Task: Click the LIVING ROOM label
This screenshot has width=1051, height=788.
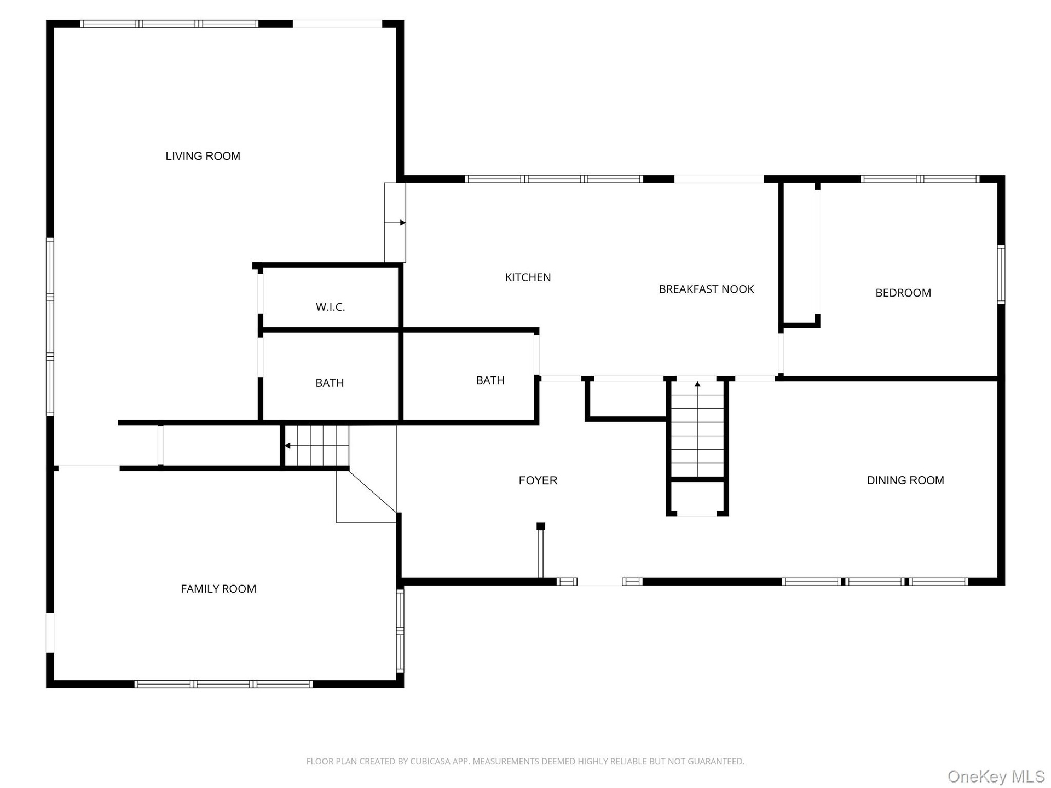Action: (203, 156)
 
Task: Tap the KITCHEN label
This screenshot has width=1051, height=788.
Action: (528, 277)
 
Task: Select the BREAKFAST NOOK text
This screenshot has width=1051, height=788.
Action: (706, 289)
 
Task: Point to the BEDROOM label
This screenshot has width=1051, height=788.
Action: (903, 293)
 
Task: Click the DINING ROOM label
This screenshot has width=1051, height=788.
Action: (905, 480)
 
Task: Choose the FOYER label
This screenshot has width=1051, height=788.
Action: (538, 480)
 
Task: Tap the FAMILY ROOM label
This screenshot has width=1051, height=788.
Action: (218, 589)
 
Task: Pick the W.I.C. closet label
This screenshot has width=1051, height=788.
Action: (330, 307)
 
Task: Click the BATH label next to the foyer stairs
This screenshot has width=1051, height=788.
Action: (490, 380)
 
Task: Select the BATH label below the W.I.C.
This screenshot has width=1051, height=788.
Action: (330, 383)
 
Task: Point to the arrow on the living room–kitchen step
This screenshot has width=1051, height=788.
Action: (402, 223)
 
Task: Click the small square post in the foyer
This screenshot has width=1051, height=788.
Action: (541, 526)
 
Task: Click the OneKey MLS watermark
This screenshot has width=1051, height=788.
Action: (996, 777)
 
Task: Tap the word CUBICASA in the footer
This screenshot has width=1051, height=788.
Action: (430, 761)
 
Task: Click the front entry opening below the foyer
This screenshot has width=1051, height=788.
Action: (599, 582)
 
